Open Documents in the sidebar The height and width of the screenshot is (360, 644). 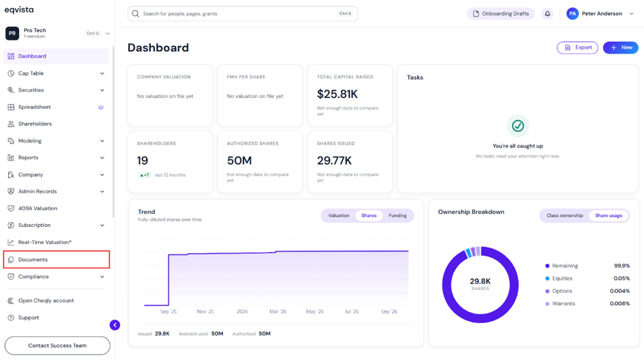coord(33,259)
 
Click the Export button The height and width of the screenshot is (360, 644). coord(577,47)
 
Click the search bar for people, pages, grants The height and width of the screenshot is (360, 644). coord(242,14)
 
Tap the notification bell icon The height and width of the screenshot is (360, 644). coord(547,14)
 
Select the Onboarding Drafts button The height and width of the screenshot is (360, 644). coord(501,14)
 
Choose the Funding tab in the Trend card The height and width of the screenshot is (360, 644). coord(398,215)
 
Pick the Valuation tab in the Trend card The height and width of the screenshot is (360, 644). coord(338,215)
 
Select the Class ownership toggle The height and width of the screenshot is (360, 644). coord(564,215)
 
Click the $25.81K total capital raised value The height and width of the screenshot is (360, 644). coord(337,94)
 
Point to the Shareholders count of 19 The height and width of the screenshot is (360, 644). coord(143,160)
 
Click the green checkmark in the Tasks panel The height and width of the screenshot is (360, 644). coord(518,125)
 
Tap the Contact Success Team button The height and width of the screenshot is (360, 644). coord(58,346)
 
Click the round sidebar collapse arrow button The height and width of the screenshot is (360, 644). coord(115,325)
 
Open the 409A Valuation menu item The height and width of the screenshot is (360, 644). coord(37,208)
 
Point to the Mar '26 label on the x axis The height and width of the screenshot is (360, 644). coord(278,311)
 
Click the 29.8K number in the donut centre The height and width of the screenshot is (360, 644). coord(480,281)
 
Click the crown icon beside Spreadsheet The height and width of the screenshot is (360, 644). coord(101,107)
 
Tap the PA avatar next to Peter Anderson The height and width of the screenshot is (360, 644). coord(572,14)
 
